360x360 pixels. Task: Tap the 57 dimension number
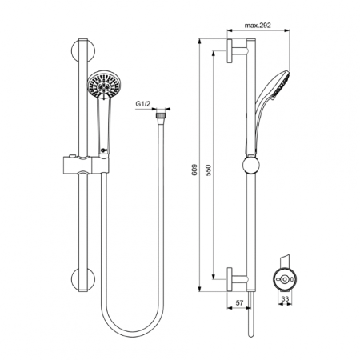[x=241, y=303]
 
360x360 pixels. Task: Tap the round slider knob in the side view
[x=252, y=166]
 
